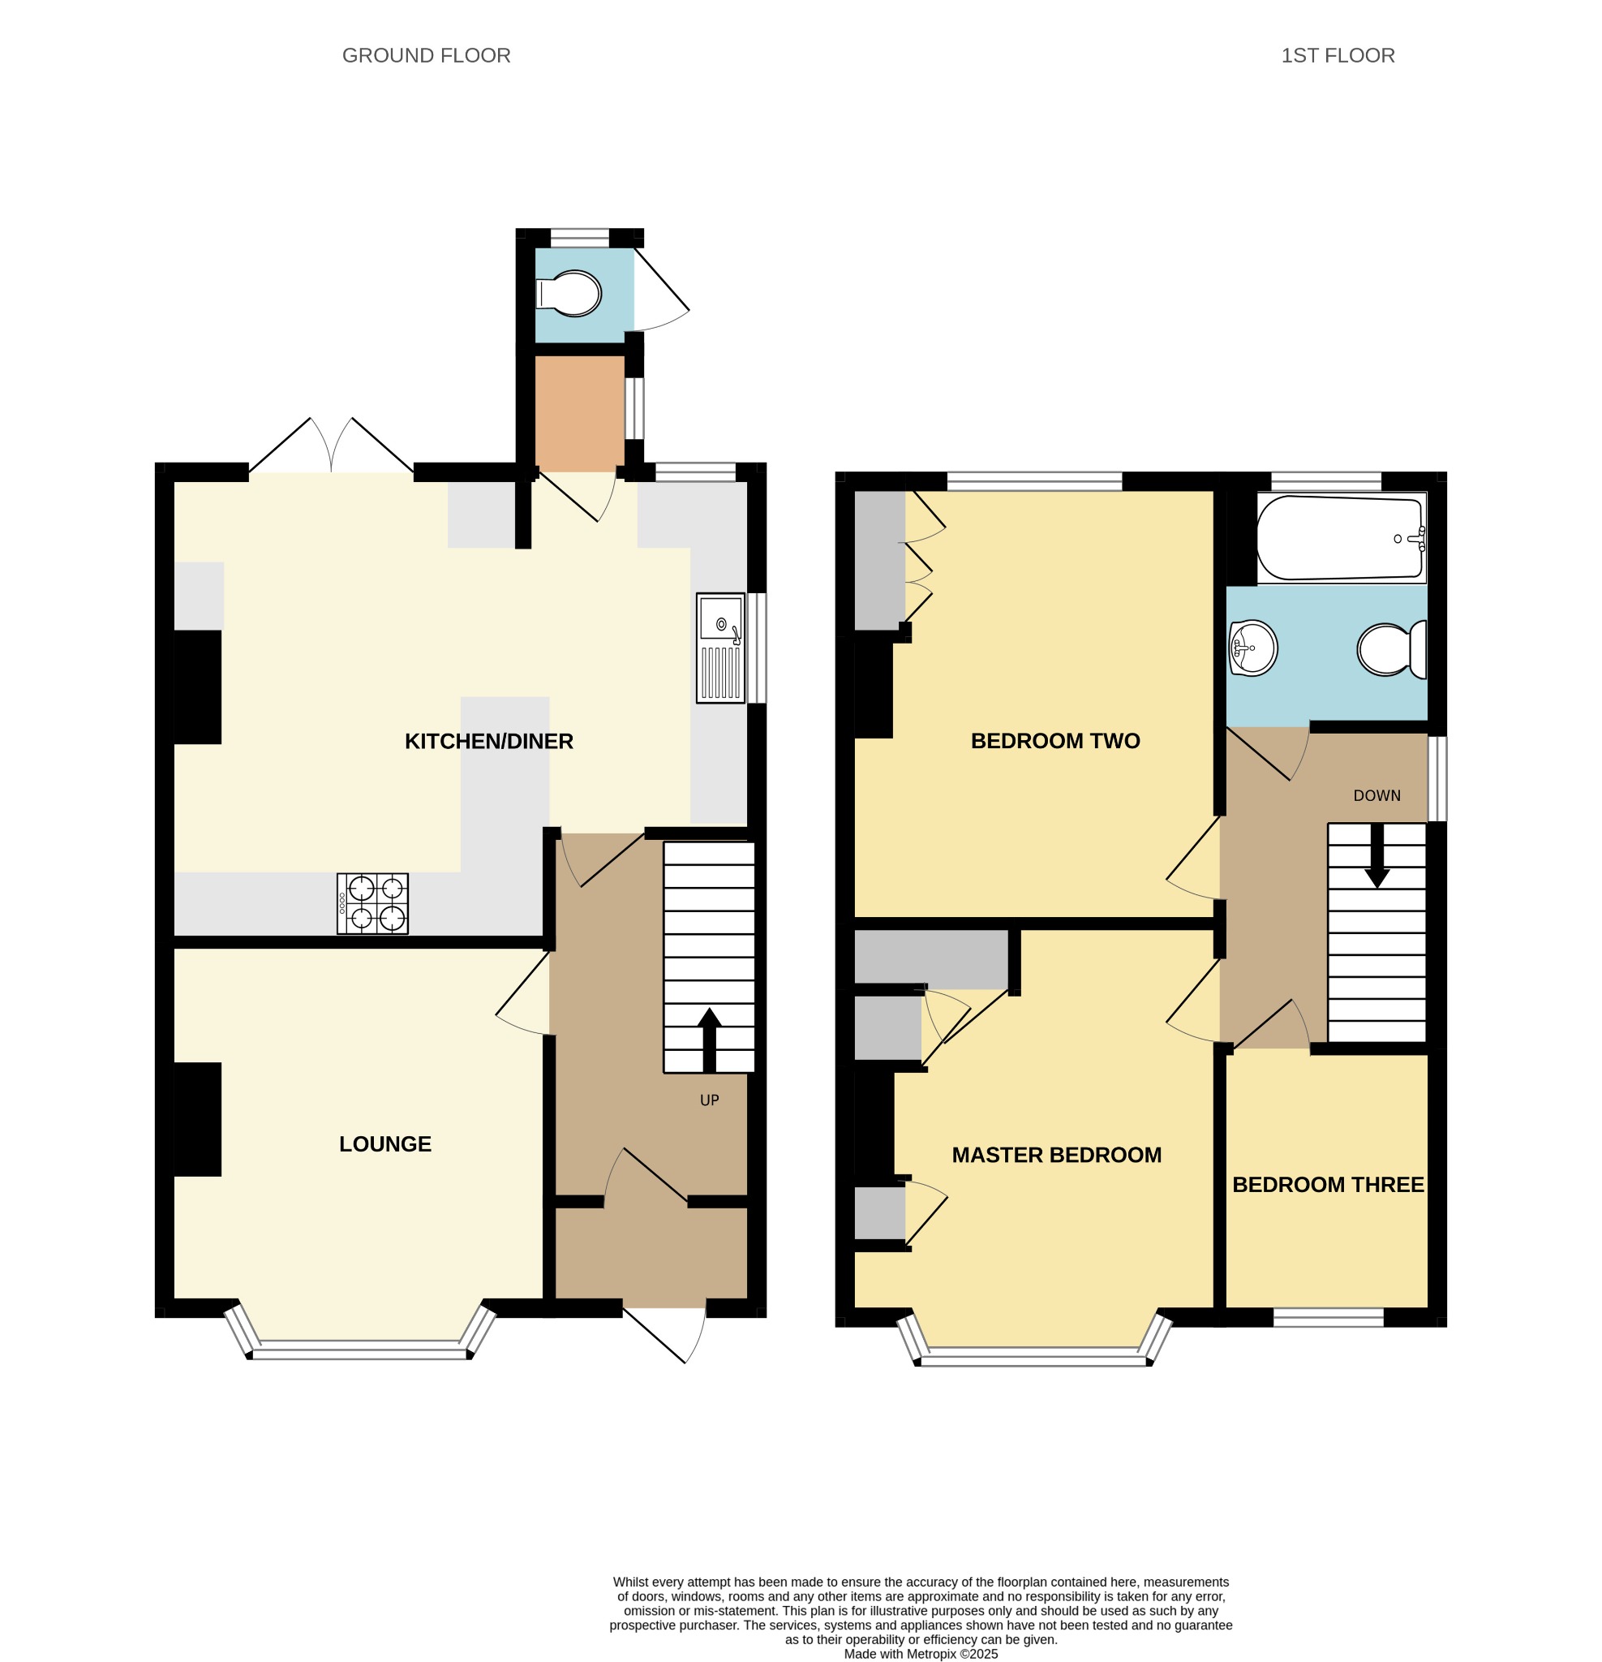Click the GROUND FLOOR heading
click(426, 56)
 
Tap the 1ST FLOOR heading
click(1337, 56)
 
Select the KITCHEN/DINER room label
click(488, 741)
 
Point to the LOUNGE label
click(384, 1144)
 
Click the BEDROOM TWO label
click(1054, 740)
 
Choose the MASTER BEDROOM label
click(1056, 1155)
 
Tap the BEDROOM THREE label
click(1327, 1185)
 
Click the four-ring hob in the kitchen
click(372, 904)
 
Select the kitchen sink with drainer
click(720, 648)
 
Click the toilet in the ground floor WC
click(569, 294)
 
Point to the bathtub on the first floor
click(1341, 539)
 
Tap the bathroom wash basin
click(1252, 648)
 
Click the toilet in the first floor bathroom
click(1392, 649)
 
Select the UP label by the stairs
click(710, 1100)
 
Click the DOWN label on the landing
click(1377, 795)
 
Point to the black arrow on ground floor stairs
click(709, 1040)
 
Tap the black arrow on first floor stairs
click(1377, 855)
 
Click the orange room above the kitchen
click(580, 413)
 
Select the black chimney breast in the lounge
click(197, 1119)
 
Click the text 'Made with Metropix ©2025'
click(921, 1654)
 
